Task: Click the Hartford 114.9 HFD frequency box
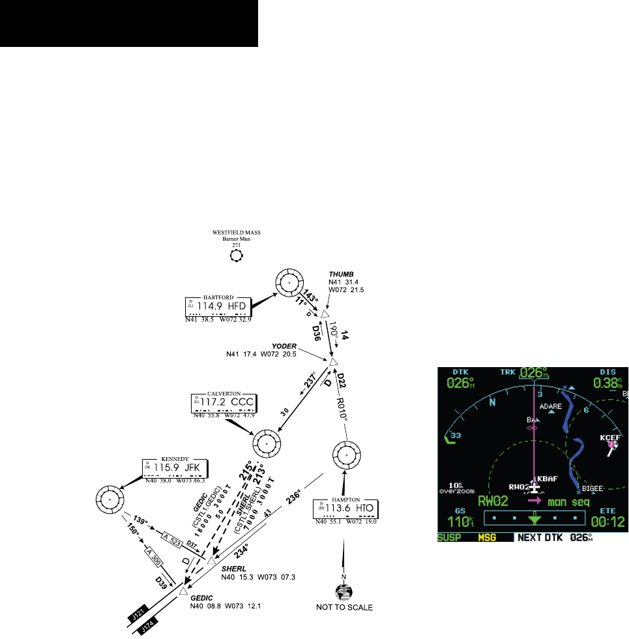[x=216, y=305]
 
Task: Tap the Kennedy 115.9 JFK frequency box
[x=175, y=469]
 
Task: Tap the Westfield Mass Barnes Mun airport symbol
[x=237, y=256]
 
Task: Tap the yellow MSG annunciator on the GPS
[x=485, y=538]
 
